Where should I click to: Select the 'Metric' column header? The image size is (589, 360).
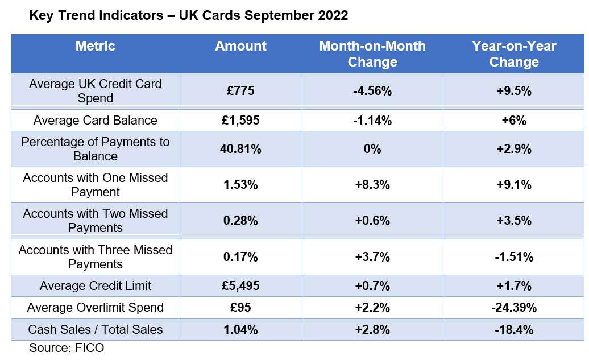pos(95,46)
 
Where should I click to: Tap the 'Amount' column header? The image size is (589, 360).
pos(240,46)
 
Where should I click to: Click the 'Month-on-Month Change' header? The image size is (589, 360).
pos(372,53)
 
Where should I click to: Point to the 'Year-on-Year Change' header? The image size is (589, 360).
pos(514,53)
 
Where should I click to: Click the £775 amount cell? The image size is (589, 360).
pos(240,91)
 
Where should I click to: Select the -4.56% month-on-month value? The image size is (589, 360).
pos(372,91)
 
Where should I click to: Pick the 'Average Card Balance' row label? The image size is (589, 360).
pos(95,121)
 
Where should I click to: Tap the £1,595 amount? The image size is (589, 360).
pos(240,121)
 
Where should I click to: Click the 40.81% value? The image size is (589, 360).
pos(240,149)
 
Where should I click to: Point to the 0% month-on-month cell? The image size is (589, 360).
pos(372,149)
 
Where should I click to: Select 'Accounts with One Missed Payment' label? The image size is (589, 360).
pos(95,185)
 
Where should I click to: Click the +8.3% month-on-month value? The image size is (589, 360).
pos(372,185)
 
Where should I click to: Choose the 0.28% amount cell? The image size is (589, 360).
pos(240,221)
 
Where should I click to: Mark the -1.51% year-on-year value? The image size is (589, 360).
pos(514,257)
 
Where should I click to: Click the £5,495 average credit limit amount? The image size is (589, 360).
pos(240,286)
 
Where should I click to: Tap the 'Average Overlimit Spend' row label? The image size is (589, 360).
pos(95,308)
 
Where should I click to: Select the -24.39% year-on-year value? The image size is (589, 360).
pos(514,308)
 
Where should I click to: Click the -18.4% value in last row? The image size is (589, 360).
pos(514,329)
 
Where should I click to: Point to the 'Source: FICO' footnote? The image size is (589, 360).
pos(67,347)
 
